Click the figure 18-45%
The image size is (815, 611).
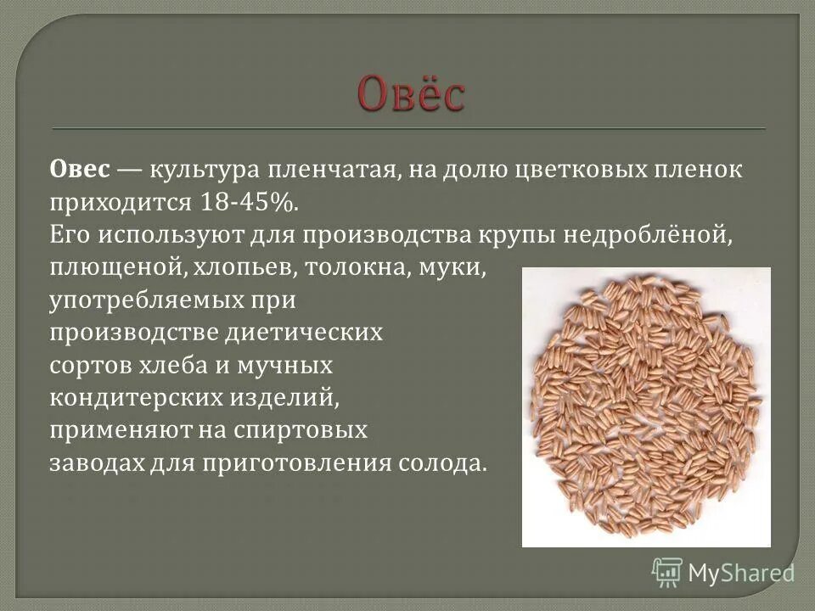point(250,202)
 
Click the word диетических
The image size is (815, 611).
point(305,333)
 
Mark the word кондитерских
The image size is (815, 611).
point(122,398)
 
